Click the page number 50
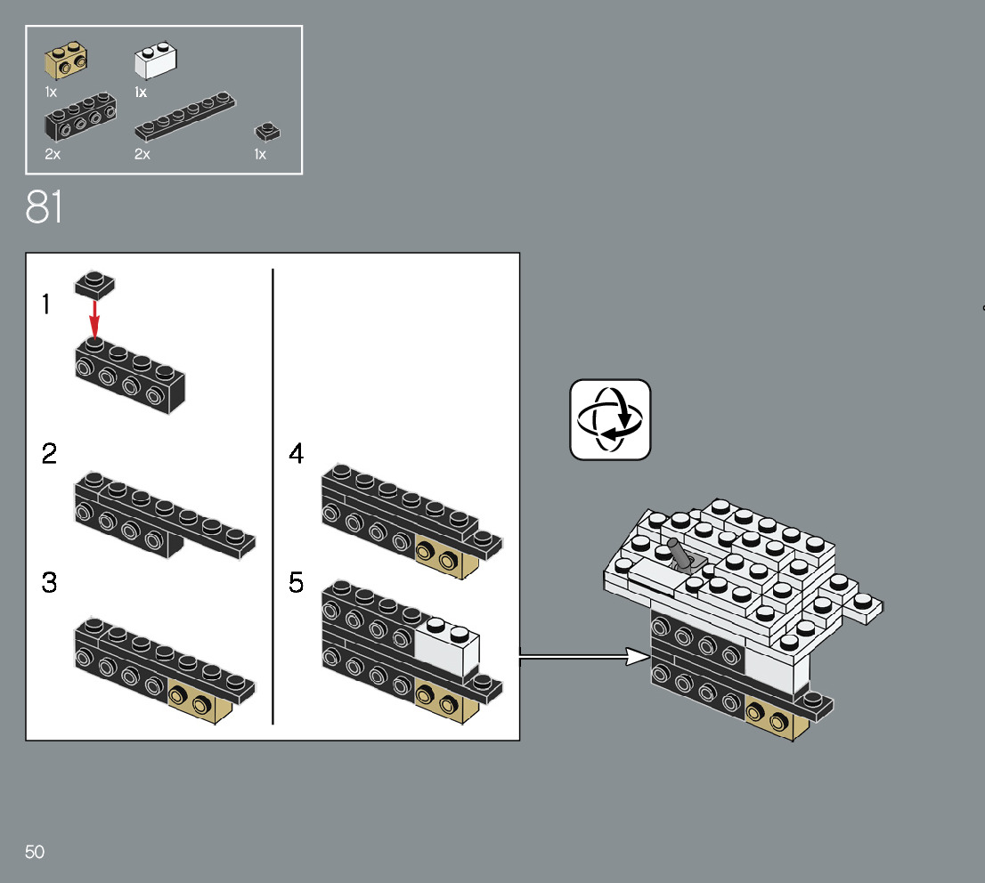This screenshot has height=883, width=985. pyautogui.click(x=35, y=852)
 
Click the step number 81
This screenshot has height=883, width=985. pyautogui.click(x=45, y=207)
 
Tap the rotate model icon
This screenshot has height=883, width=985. pyautogui.click(x=610, y=419)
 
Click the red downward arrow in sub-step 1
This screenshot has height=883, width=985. pyautogui.click(x=94, y=320)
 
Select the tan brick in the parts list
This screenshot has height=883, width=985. pyautogui.click(x=66, y=61)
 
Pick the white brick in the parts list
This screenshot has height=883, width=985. pyautogui.click(x=155, y=61)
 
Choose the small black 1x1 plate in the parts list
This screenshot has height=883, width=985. pyautogui.click(x=267, y=132)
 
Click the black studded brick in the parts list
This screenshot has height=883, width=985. pyautogui.click(x=80, y=116)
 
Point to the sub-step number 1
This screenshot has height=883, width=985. pyautogui.click(x=46, y=305)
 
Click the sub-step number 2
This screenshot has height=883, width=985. pyautogui.click(x=49, y=454)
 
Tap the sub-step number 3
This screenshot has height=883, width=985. pyautogui.click(x=49, y=584)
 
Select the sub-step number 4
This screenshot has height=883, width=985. pyautogui.click(x=297, y=454)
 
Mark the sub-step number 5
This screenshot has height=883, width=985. pyautogui.click(x=297, y=584)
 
